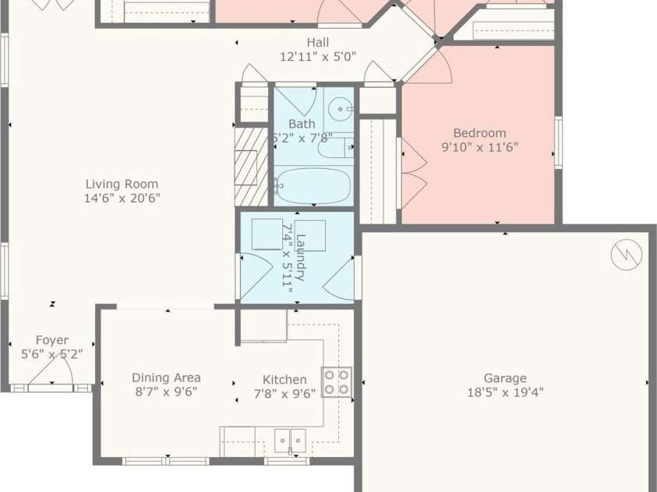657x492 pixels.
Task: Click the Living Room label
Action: (122, 184)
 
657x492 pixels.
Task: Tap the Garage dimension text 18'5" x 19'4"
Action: (505, 392)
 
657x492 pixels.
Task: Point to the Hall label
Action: (318, 42)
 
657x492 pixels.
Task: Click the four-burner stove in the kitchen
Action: (337, 382)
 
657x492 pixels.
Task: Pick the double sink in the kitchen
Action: (290, 441)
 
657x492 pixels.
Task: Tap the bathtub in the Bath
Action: (313, 186)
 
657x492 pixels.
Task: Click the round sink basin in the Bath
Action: (340, 109)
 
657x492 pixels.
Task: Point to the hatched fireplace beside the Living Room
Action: (251, 167)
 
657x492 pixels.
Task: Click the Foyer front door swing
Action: (51, 371)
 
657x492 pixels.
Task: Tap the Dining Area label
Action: (166, 378)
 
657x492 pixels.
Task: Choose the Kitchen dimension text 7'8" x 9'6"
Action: (285, 394)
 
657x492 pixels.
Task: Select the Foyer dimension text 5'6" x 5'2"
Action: (52, 354)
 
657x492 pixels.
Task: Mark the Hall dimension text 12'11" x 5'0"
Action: (318, 57)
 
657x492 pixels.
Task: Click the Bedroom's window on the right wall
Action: (559, 142)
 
